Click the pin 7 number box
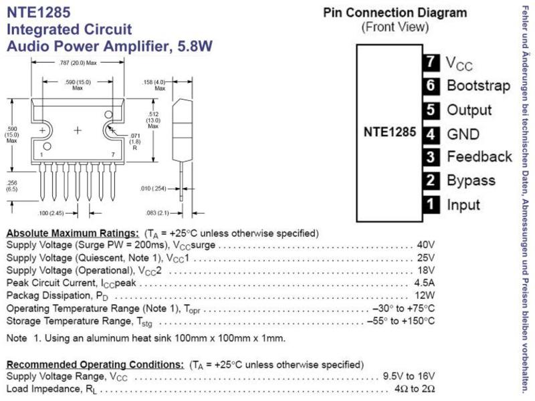coord(431,62)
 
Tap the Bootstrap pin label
coord(478,86)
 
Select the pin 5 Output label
coord(469,110)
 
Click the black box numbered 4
coord(431,134)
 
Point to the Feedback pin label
coord(479,156)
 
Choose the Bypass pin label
coord(471,180)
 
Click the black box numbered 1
coord(431,205)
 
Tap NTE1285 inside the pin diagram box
coord(390,132)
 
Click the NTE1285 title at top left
coord(39,12)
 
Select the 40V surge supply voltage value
coord(425,245)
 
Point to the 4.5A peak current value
coord(424,283)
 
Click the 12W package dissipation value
coord(425,295)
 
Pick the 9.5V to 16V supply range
coord(409,376)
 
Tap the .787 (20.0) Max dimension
coord(78,63)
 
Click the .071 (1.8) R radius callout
coord(135,142)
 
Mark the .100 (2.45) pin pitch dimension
coord(51,213)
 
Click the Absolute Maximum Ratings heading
coord(73,233)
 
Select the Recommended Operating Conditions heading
coord(95,364)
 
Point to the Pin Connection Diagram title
coord(395,13)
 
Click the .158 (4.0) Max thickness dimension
coord(154,85)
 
